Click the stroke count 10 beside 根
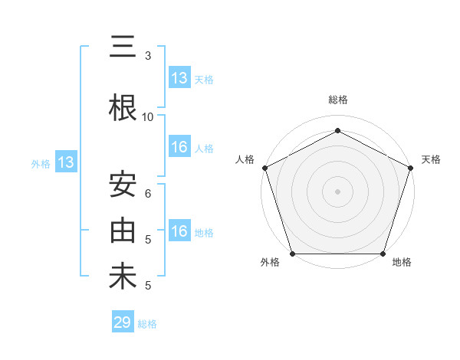[148, 117]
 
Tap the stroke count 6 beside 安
[148, 194]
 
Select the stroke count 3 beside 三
[148, 56]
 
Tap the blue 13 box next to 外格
[65, 162]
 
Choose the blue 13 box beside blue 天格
[179, 78]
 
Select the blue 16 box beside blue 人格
[179, 147]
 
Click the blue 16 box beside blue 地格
[179, 231]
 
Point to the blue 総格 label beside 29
[147, 324]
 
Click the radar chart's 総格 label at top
[338, 100]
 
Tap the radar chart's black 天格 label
[432, 159]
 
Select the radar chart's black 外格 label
[270, 263]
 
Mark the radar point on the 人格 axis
[264, 168]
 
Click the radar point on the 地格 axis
[383, 254]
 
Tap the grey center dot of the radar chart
[338, 191]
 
